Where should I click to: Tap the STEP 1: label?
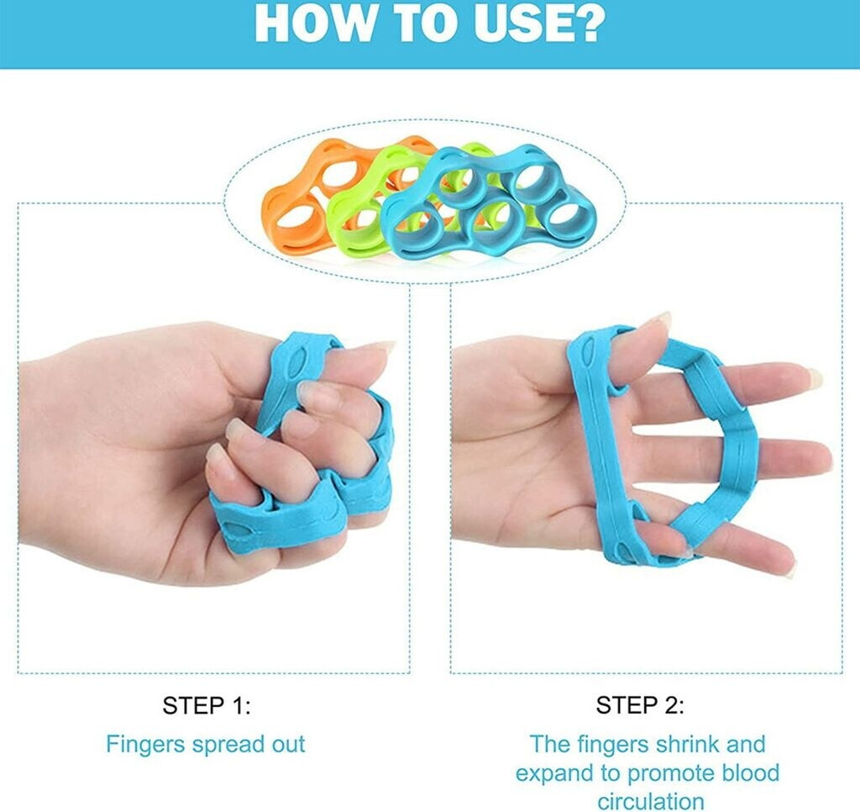207,705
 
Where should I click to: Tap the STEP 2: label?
640,705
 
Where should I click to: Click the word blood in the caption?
750,772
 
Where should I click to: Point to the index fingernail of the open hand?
814,378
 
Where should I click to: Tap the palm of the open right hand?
527,440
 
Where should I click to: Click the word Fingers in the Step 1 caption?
145,746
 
